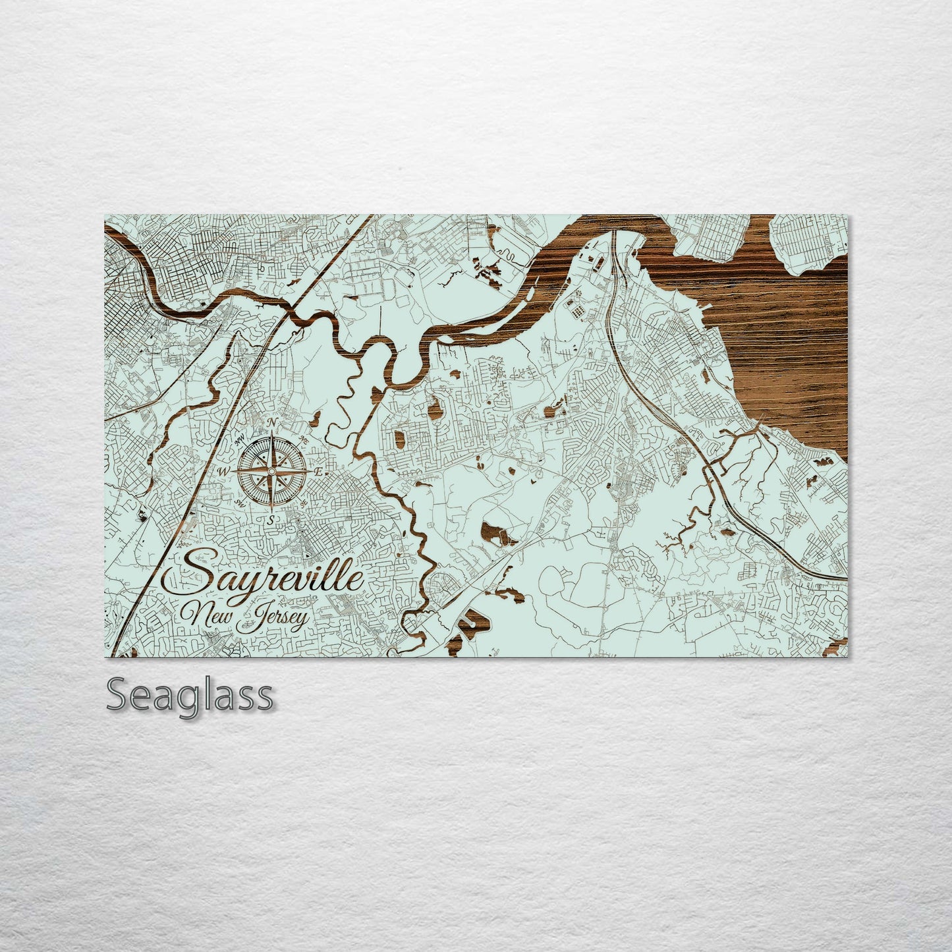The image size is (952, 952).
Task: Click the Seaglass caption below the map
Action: (x=189, y=696)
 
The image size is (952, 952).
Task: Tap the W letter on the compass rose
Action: (x=222, y=472)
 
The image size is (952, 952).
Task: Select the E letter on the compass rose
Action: (x=318, y=472)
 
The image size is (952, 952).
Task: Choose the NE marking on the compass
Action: (x=302, y=440)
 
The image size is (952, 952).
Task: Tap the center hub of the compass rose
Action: (x=270, y=472)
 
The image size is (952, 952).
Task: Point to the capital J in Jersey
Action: (x=248, y=619)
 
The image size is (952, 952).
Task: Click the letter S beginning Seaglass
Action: (x=117, y=696)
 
